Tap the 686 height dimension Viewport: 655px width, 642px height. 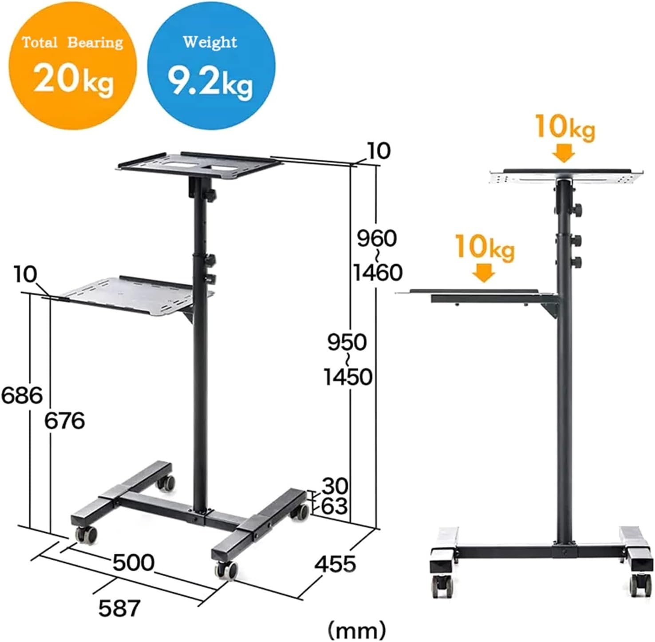[x=22, y=395]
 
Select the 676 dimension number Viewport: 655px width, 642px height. [x=64, y=420]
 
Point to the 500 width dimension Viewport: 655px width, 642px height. [x=133, y=563]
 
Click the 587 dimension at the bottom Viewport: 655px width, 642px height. [x=119, y=608]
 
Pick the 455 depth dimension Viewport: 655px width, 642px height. [x=335, y=564]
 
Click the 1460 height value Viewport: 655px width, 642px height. [x=378, y=272]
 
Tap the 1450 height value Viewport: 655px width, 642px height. [x=347, y=377]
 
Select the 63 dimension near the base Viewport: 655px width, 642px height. [x=334, y=506]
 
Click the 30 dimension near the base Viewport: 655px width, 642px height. [x=335, y=486]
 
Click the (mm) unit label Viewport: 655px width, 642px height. [x=356, y=630]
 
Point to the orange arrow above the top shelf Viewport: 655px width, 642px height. [x=564, y=153]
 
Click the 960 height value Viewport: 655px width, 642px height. [x=377, y=238]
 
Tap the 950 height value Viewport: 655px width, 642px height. [x=347, y=342]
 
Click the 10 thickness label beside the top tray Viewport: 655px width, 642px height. [x=379, y=151]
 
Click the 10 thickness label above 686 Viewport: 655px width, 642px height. [x=25, y=274]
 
